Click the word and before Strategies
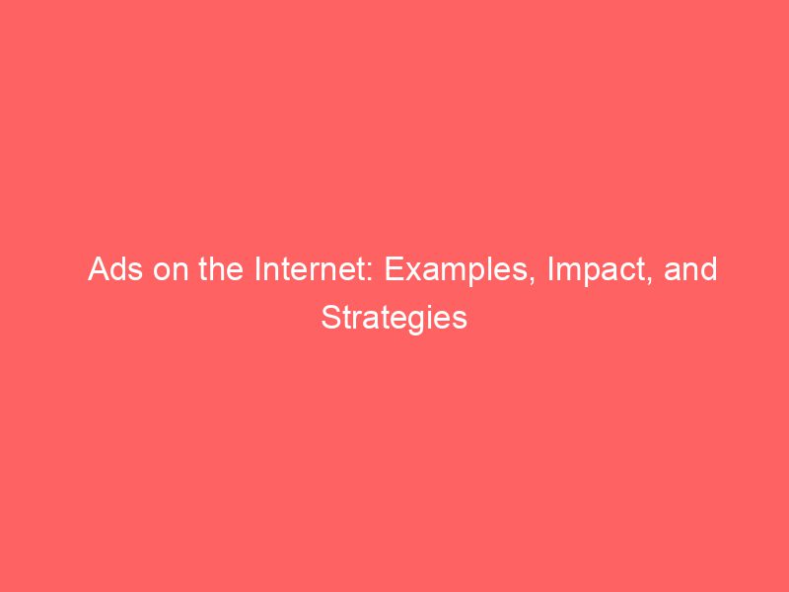click(x=690, y=270)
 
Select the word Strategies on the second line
click(x=394, y=318)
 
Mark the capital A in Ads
click(x=98, y=270)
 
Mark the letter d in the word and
click(x=709, y=270)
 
